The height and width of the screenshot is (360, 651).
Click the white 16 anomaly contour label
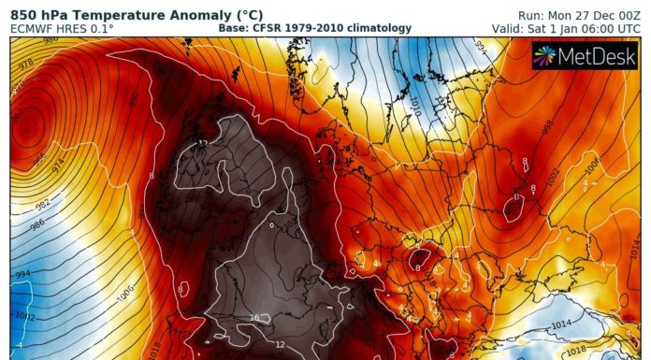253,319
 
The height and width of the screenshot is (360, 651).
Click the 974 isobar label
57,166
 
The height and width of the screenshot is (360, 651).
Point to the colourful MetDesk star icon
545,57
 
